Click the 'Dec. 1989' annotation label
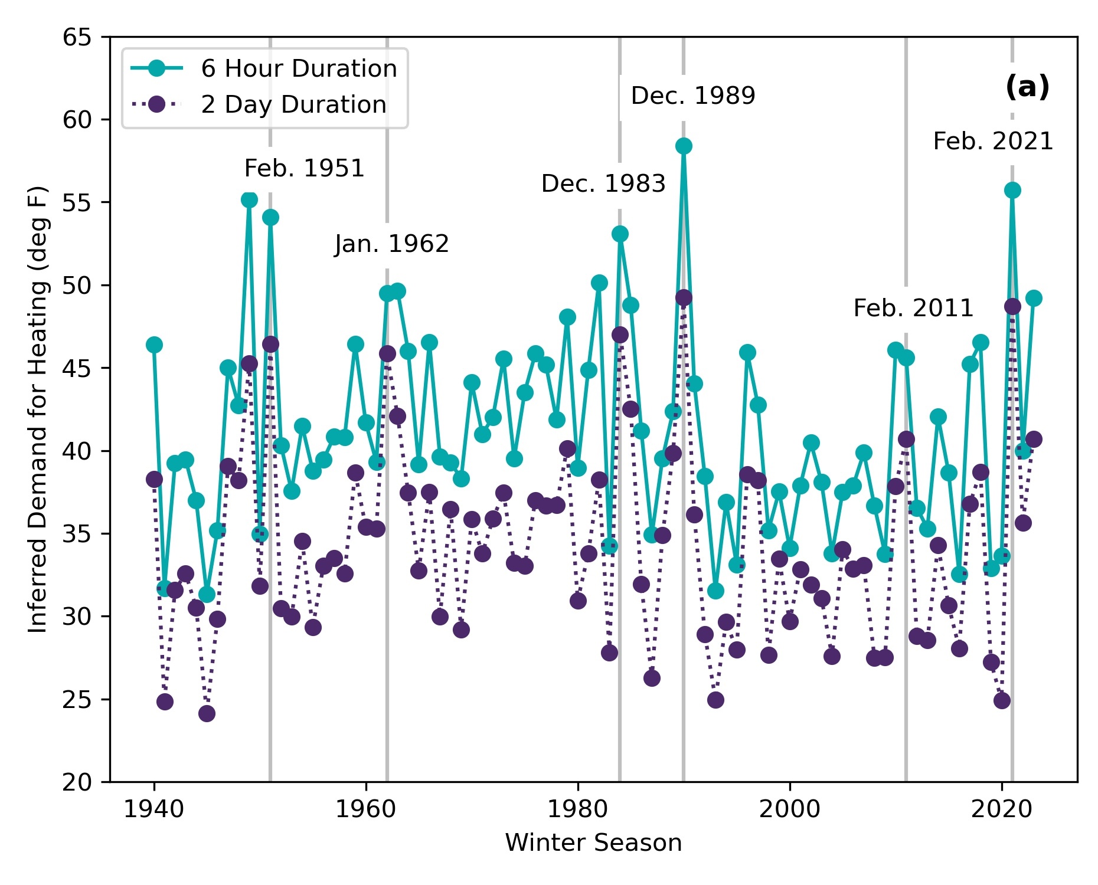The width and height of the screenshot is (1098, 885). pos(692,96)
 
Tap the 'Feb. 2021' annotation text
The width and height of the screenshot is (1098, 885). pos(993,142)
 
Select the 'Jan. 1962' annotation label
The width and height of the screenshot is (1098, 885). pos(391,244)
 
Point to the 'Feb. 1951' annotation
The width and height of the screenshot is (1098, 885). pos(305,169)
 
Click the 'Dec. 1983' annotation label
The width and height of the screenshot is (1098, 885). pos(603,184)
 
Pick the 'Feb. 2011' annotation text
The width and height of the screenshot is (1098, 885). pos(913,308)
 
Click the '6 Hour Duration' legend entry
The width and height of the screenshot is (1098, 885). pos(299,69)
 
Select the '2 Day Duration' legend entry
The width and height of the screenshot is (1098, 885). pos(293,104)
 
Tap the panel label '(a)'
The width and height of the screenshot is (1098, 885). pos(1027,87)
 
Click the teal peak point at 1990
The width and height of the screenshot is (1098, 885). pos(684,146)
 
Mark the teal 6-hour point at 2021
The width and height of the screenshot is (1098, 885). pos(1012,190)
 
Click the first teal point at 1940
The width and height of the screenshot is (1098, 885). pos(154,345)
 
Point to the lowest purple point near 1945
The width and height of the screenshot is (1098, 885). pos(207,713)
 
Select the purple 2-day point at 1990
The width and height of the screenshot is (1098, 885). pos(684,297)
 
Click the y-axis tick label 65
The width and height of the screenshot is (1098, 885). pos(77,37)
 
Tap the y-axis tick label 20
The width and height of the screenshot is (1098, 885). pos(77,782)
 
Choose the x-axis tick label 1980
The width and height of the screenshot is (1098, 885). pos(578,809)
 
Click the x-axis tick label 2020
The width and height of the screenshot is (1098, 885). pos(1002,809)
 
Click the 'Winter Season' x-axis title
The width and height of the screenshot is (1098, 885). pos(593,843)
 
